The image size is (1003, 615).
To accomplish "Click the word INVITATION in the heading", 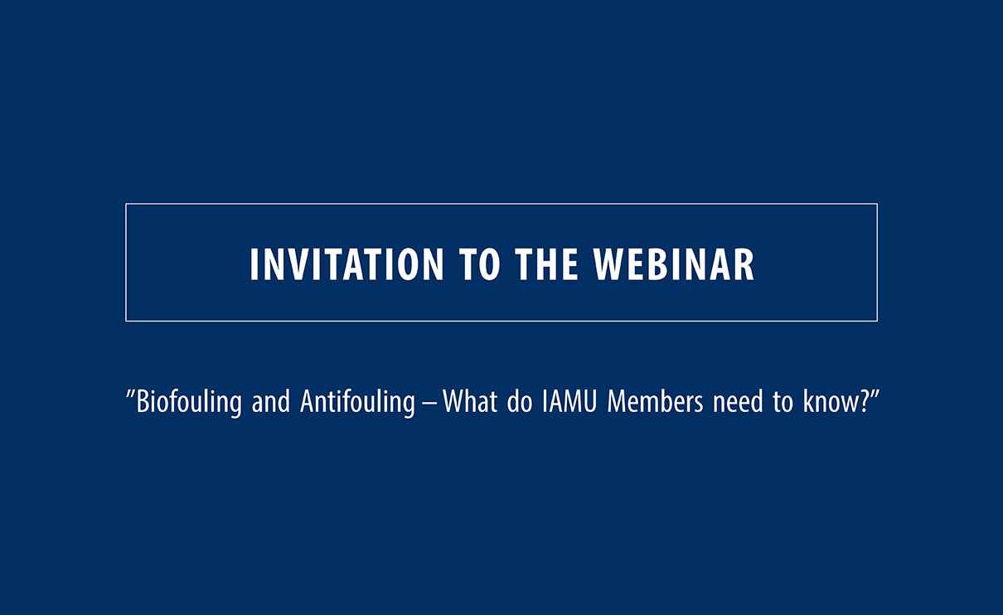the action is click(346, 264).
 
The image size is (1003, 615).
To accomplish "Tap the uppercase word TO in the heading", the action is click(480, 264).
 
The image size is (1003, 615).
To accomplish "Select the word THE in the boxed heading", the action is click(547, 264).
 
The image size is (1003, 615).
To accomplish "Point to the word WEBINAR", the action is click(675, 264).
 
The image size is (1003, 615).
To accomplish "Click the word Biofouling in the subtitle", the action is click(189, 402).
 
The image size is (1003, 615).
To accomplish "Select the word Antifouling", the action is click(358, 402).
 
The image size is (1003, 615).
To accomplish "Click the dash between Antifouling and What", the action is click(429, 404).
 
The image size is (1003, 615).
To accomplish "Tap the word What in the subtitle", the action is click(470, 401).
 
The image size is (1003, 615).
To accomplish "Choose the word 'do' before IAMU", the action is click(520, 401).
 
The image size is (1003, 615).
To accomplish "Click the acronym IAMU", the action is click(569, 401).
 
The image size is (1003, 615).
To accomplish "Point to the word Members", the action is click(656, 401).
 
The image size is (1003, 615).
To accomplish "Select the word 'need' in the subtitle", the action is click(738, 401).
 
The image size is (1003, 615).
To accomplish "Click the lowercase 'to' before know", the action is click(783, 402).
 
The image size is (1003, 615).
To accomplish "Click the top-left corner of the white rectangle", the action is click(126, 204).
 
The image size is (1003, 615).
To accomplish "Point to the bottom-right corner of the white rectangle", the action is click(877, 321).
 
